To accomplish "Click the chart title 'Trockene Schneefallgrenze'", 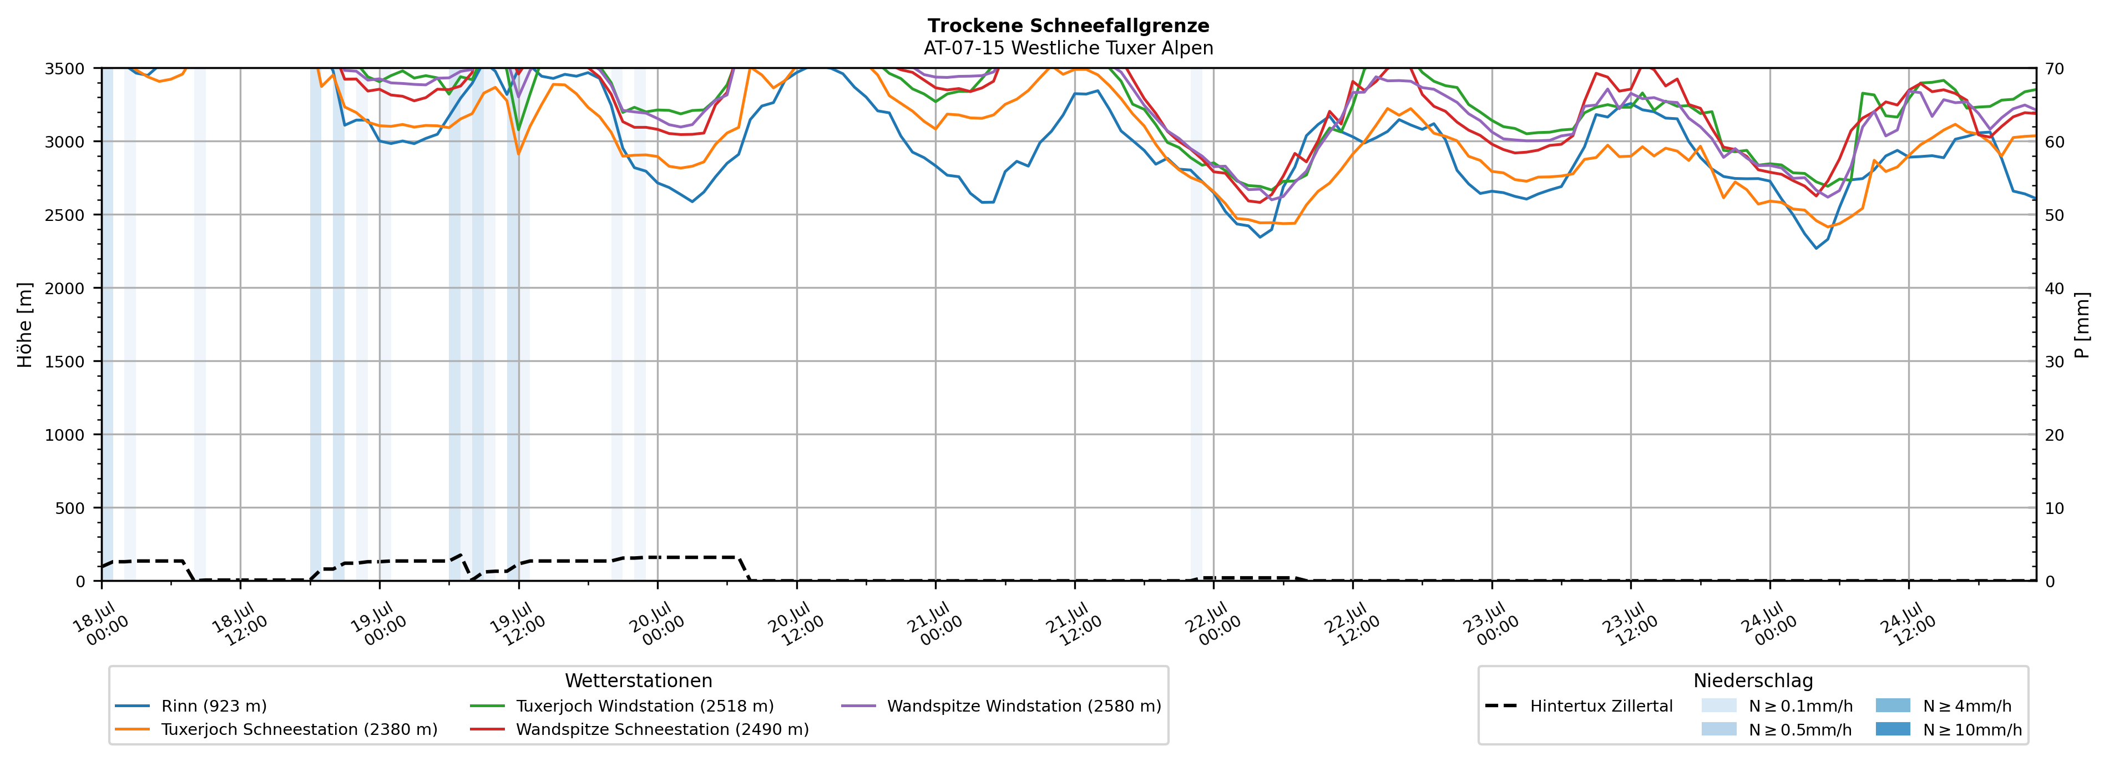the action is [x=1069, y=26].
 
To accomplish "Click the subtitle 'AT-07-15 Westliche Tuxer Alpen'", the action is [x=1069, y=48].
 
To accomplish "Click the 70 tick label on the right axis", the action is [x=2055, y=69].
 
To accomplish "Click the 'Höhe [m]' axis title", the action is [x=26, y=325].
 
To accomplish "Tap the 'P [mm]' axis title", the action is [x=2083, y=325].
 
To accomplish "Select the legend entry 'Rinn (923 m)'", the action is [x=191, y=706].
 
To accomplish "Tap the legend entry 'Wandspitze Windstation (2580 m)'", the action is [x=1002, y=706].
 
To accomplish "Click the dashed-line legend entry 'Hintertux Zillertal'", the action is [x=1579, y=706].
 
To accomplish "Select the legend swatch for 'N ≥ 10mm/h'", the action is [x=1893, y=729].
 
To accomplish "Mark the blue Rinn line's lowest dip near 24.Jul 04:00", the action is [x=1817, y=248].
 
